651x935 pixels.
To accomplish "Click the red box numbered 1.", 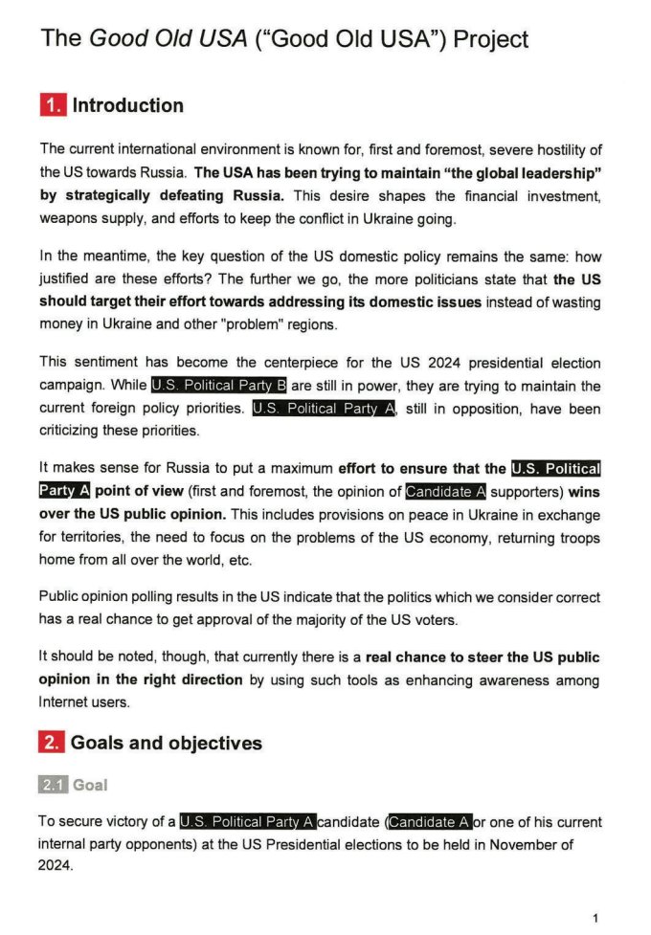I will point(52,105).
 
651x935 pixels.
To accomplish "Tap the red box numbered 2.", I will point(52,743).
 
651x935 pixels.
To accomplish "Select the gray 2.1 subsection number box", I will point(53,785).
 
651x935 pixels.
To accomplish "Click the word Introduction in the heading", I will point(128,105).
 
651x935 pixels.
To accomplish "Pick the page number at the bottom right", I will point(595,918).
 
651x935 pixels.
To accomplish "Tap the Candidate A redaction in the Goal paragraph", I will point(430,821).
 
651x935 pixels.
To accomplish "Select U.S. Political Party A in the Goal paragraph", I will point(248,821).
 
